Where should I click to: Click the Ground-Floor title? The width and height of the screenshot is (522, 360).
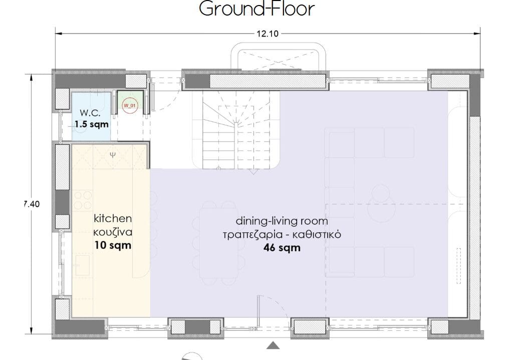[x=256, y=9]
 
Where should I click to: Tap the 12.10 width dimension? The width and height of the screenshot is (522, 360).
[x=268, y=34]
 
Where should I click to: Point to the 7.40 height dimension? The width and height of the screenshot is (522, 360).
[x=32, y=204]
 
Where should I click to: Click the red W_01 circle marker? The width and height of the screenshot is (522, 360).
[x=130, y=106]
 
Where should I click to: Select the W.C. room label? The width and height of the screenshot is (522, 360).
[x=90, y=113]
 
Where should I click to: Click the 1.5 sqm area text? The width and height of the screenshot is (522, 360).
[x=92, y=124]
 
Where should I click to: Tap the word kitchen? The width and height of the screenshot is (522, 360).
[x=113, y=219]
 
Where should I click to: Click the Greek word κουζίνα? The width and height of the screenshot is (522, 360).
[x=113, y=232]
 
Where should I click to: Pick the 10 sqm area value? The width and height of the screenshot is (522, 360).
[x=113, y=246]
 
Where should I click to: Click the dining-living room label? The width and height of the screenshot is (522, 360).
[x=282, y=221]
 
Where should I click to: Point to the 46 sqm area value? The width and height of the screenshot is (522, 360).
[x=282, y=248]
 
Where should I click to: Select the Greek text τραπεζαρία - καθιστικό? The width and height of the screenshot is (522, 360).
[x=282, y=235]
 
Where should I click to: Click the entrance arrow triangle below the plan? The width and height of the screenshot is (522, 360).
[x=273, y=345]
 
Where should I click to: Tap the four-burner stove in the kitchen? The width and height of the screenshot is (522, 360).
[x=83, y=200]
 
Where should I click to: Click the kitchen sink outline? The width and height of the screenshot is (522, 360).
[x=82, y=265]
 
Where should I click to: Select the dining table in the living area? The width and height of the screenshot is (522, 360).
[x=219, y=243]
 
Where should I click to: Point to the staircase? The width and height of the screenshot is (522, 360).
[x=236, y=130]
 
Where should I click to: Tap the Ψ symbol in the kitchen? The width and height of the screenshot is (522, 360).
[x=113, y=154]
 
